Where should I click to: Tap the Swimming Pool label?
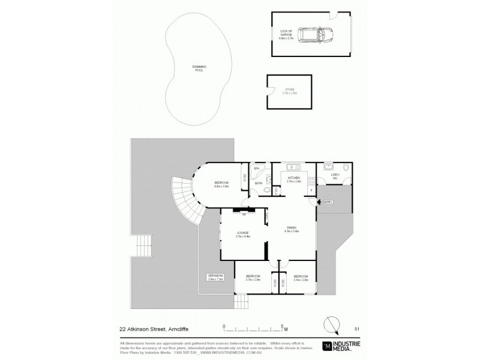click(x=198, y=68)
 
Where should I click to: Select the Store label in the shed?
click(x=290, y=91)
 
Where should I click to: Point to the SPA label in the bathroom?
click(x=256, y=169)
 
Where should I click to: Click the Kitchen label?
click(x=293, y=179)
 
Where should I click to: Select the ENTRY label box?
click(x=328, y=202)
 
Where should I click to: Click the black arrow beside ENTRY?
click(x=319, y=202)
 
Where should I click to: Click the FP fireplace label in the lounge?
click(x=244, y=212)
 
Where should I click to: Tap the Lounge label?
click(x=243, y=234)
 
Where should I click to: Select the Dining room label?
click(x=292, y=229)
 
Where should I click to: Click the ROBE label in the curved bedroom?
click(x=245, y=178)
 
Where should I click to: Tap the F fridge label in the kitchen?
click(x=311, y=191)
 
